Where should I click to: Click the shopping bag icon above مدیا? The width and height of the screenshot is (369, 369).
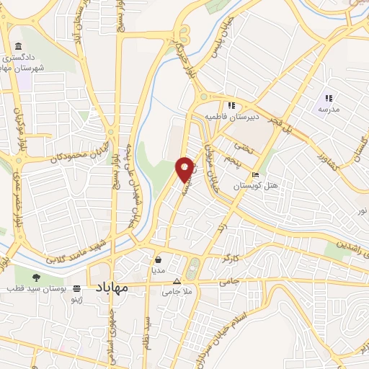pos(158,259)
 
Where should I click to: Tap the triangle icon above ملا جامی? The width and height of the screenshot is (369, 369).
pos(177,282)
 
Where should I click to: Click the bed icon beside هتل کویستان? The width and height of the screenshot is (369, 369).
pos(254,176)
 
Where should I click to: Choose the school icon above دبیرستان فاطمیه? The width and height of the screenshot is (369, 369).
pos(231,105)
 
